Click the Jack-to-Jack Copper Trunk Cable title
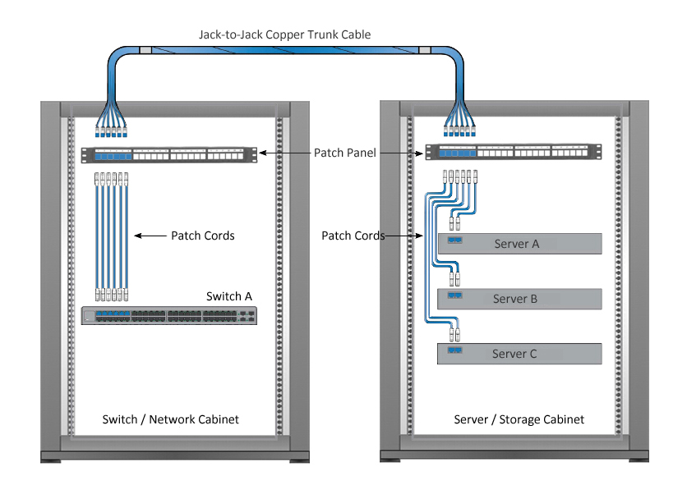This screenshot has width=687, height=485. [285, 34]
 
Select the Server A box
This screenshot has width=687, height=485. [519, 244]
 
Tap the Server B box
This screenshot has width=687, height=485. [519, 299]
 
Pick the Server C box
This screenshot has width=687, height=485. [519, 354]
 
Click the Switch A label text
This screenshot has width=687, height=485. [229, 296]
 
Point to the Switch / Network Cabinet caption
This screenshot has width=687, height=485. [170, 419]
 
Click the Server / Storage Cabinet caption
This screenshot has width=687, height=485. [519, 419]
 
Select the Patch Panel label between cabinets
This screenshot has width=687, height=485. [345, 153]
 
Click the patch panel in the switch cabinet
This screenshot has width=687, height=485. [169, 155]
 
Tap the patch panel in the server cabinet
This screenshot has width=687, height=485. [514, 152]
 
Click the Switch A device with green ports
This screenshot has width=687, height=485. [169, 316]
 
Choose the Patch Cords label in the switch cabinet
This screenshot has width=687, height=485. [202, 236]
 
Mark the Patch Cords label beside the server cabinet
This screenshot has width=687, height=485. [353, 236]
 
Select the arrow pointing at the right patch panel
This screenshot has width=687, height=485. [401, 153]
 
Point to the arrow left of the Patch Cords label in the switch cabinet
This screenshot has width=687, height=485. [150, 236]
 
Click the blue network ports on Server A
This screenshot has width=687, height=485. [454, 240]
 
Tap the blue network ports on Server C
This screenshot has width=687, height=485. [454, 350]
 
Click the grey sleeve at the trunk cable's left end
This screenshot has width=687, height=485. [145, 50]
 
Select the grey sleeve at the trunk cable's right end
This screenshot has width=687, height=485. [425, 50]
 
